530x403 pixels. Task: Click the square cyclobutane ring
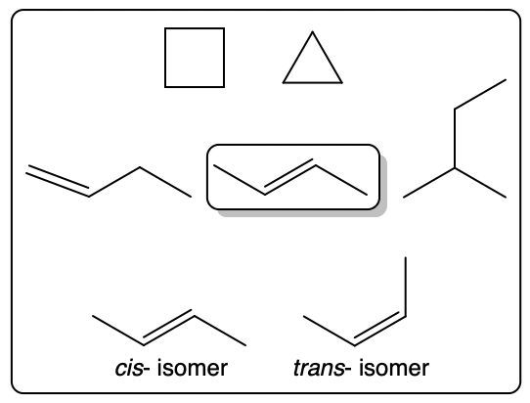[165, 58]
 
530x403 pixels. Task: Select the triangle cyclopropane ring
[298, 58]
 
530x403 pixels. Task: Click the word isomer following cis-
[193, 368]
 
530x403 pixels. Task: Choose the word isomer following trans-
[394, 368]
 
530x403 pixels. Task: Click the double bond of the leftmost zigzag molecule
[58, 181]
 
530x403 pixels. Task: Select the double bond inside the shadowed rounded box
[289, 177]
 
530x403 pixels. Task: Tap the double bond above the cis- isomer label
[168, 328]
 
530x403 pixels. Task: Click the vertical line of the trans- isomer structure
[405, 287]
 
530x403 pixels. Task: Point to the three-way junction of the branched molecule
[455, 167]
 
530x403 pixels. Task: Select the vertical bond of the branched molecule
[455, 138]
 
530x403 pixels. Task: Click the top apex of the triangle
[312, 31]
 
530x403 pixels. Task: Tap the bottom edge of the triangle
[313, 82]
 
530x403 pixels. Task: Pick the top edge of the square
[195, 28]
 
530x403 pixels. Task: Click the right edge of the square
[224, 58]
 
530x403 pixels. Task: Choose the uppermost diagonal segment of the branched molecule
[480, 94]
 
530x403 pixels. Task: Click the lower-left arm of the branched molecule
[429, 183]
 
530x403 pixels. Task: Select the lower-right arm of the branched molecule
[481, 183]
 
